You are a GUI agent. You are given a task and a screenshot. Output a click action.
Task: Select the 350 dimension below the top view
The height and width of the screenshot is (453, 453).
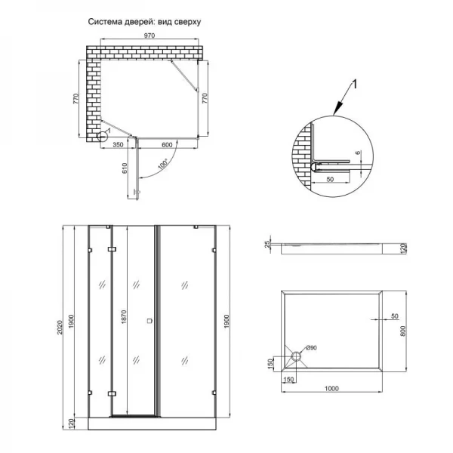pyautogui.click(x=118, y=145)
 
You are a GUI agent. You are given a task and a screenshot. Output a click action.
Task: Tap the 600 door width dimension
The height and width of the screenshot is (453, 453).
pyautogui.click(x=167, y=145)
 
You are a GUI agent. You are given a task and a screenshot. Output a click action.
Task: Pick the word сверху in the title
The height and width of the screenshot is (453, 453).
pyautogui.click(x=186, y=22)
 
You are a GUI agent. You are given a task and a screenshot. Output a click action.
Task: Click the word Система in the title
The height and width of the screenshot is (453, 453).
pyautogui.click(x=105, y=22)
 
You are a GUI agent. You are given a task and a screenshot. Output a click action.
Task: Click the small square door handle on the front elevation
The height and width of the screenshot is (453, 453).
pyautogui.click(x=149, y=321)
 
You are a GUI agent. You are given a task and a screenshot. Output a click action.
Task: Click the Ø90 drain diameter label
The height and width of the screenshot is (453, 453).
pyautogui.click(x=311, y=347)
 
